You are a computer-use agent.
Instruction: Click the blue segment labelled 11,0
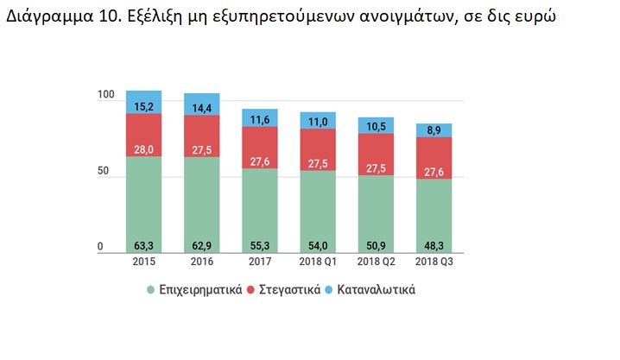click(x=318, y=121)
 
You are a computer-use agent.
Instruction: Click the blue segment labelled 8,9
click(x=434, y=130)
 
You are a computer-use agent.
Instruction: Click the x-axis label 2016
click(x=201, y=262)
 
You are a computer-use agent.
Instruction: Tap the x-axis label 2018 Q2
click(x=376, y=262)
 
